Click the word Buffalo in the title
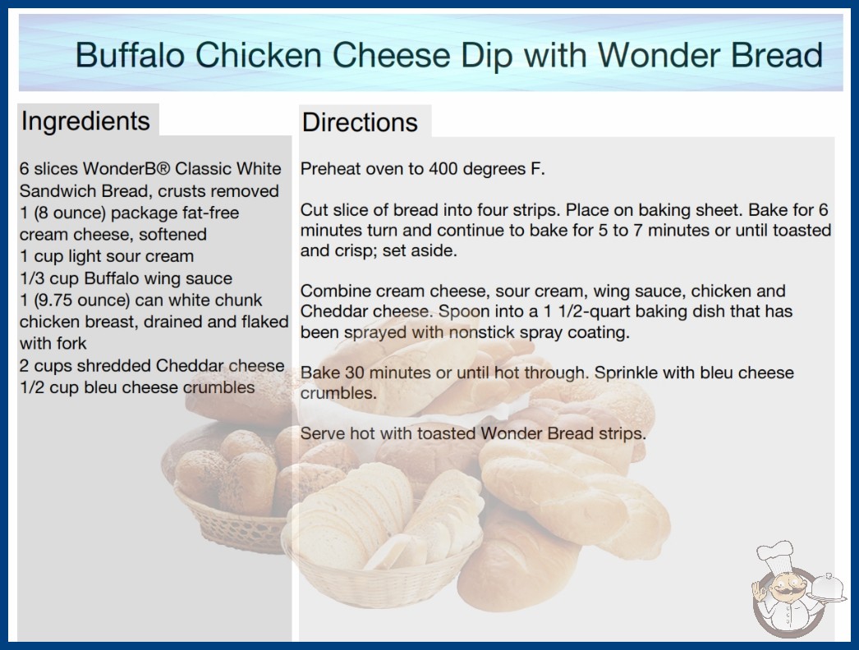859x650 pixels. point(130,55)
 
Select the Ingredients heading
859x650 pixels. point(85,121)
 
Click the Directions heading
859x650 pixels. point(360,122)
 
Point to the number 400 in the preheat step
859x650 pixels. point(443,169)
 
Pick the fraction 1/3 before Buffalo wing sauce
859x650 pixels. point(32,278)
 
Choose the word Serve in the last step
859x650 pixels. point(322,433)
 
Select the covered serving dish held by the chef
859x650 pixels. point(827,588)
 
